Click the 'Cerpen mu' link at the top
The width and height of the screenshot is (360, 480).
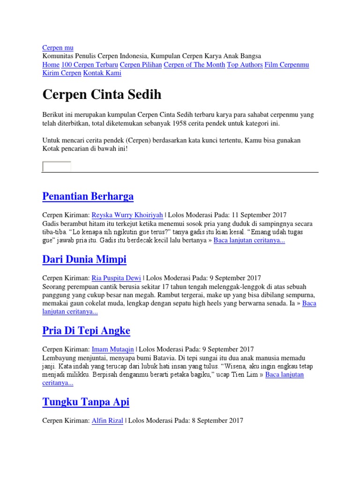[x=58, y=48]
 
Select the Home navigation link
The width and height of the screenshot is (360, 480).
[x=51, y=65]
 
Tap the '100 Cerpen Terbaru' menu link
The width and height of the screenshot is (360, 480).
[x=90, y=65]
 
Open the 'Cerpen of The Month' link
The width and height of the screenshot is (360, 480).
[x=194, y=65]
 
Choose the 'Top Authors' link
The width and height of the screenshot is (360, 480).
[x=245, y=65]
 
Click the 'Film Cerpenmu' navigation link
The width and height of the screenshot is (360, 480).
[x=286, y=65]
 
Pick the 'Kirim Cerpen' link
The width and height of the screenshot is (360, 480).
[x=61, y=73]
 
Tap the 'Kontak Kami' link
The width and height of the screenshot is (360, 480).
[x=102, y=73]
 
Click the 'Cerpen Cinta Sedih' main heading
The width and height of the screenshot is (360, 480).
[x=102, y=95]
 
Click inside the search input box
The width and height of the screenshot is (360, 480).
[x=57, y=166]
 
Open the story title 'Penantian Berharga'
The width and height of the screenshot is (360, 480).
[x=88, y=196]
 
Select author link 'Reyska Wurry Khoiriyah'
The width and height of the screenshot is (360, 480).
[x=127, y=215]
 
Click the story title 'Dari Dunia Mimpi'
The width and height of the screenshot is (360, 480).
[x=84, y=259]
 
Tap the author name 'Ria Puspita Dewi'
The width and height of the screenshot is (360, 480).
[x=116, y=278]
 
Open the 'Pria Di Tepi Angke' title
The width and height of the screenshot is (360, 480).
[x=86, y=330]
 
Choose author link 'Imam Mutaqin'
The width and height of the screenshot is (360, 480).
[x=112, y=349]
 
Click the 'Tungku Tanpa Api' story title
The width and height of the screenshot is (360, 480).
[x=86, y=402]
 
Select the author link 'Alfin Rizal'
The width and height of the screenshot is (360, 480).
[x=107, y=420]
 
